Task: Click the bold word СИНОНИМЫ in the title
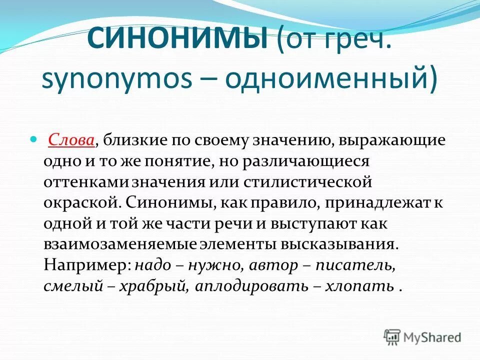click(177, 39)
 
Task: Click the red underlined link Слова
click(72, 141)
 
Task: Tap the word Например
click(85, 265)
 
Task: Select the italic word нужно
click(212, 265)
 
